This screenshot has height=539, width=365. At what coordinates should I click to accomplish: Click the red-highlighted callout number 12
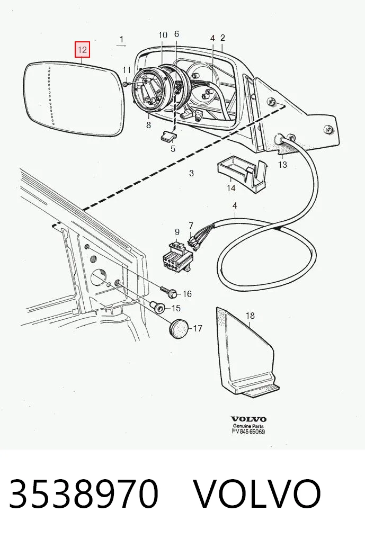(83, 50)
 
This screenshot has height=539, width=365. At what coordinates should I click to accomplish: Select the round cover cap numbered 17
(179, 329)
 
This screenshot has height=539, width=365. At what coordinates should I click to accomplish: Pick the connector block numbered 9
(177, 257)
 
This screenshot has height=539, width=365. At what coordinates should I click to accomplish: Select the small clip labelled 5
(168, 137)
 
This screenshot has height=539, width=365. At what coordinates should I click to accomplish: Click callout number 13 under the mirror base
(282, 165)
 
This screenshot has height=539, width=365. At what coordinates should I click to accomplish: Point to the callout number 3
(191, 173)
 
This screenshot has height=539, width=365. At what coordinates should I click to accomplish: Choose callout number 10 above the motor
(163, 35)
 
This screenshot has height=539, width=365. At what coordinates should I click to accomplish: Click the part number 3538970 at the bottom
(84, 493)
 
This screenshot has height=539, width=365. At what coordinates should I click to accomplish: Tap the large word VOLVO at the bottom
(256, 493)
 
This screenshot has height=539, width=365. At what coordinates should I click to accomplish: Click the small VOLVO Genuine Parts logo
(248, 422)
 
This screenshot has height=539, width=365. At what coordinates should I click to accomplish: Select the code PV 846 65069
(248, 432)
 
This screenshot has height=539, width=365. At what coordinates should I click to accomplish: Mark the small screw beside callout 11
(125, 84)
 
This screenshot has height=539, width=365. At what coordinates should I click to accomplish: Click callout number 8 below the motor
(149, 125)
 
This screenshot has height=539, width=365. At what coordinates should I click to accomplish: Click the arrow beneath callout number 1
(121, 46)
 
